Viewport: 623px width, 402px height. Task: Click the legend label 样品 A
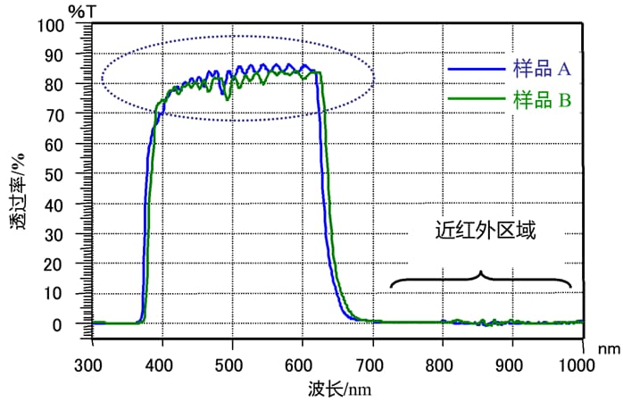click(x=542, y=68)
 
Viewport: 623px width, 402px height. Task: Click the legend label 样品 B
click(x=542, y=100)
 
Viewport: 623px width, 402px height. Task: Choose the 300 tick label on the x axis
click(x=92, y=364)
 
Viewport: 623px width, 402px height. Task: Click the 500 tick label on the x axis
click(x=232, y=364)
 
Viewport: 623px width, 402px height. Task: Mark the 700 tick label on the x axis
click(x=372, y=364)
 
